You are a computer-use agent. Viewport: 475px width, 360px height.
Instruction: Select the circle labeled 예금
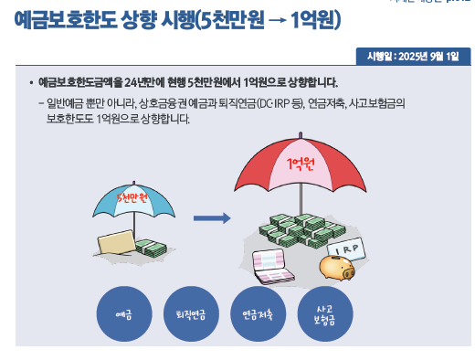click(x=124, y=313)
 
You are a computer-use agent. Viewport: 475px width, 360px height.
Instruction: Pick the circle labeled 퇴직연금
click(x=190, y=313)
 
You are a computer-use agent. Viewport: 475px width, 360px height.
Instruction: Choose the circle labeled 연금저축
click(x=258, y=313)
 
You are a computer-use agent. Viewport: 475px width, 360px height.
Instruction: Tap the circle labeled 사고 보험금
click(x=325, y=313)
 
